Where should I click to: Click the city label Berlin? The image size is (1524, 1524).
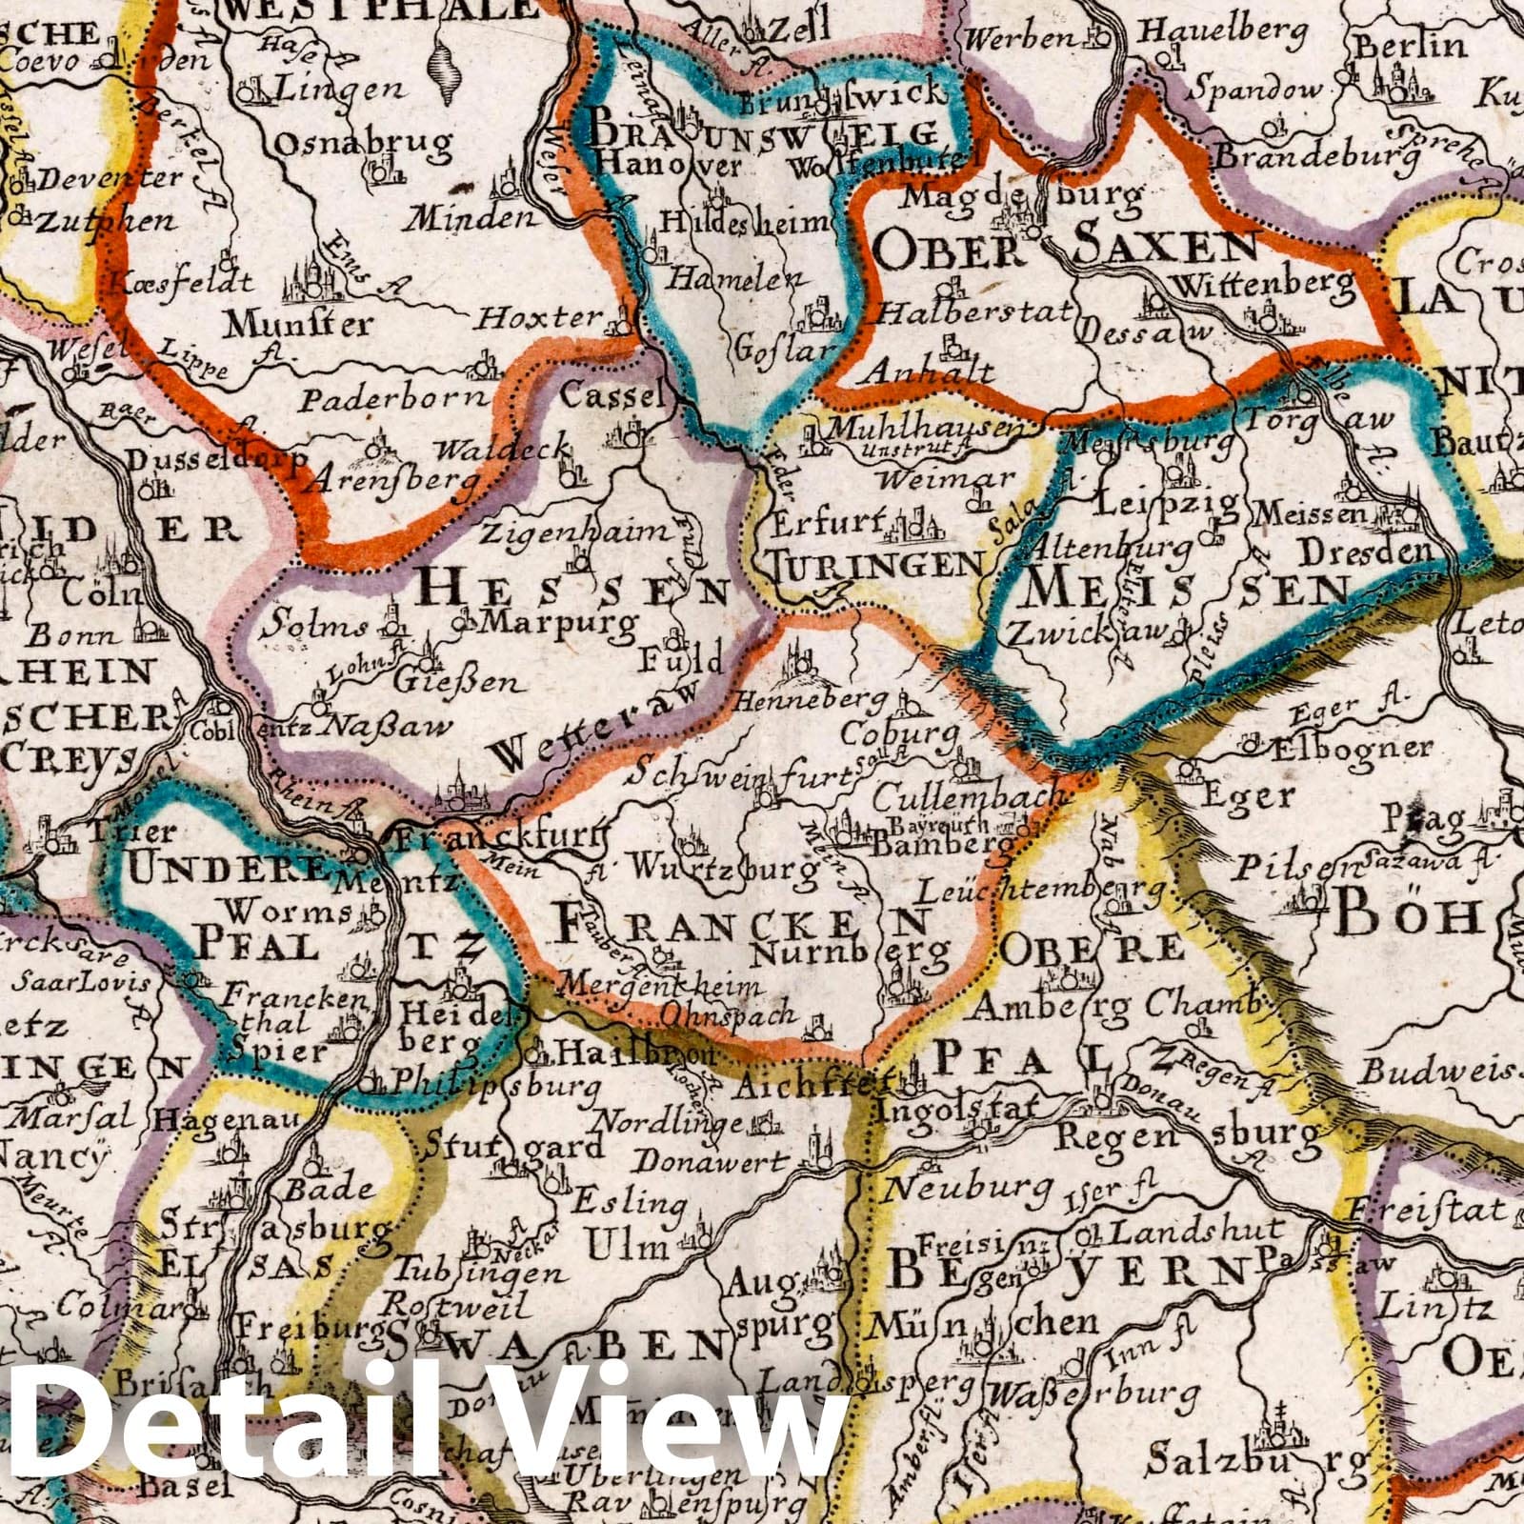tap(1411, 46)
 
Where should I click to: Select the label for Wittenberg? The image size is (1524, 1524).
tap(1263, 283)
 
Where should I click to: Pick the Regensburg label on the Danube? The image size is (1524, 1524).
tap(1188, 1135)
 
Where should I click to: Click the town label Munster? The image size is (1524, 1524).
tap(297, 326)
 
